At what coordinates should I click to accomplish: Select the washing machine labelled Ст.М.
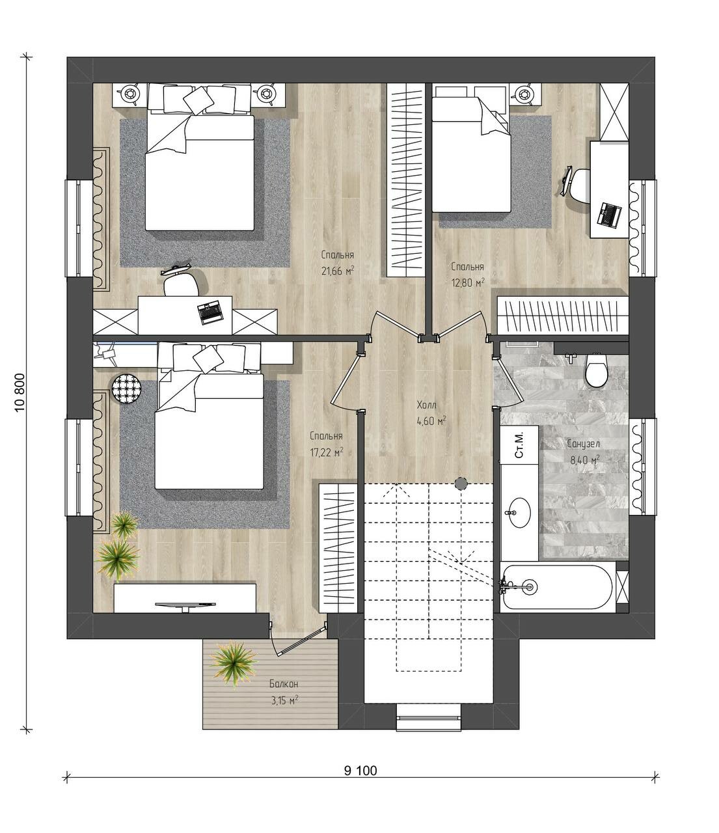coord(519,445)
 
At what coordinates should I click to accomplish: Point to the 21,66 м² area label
coord(337,271)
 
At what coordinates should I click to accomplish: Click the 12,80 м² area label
coord(467,282)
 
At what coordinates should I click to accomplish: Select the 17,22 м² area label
coord(327,452)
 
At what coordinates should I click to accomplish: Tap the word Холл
coord(427,405)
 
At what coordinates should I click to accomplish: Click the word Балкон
coord(284,684)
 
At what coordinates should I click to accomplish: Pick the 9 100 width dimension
coord(360,771)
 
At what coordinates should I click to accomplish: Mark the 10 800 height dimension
coord(20,393)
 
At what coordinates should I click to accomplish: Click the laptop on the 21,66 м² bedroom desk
coord(210,313)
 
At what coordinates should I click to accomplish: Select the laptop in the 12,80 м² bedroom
coord(610,213)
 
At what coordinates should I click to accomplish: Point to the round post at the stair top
coord(460,483)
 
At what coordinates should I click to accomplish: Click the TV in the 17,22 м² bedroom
coord(185,605)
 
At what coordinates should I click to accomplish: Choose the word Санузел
coord(584,444)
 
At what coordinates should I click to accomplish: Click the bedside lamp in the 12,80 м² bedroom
coord(524,94)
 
